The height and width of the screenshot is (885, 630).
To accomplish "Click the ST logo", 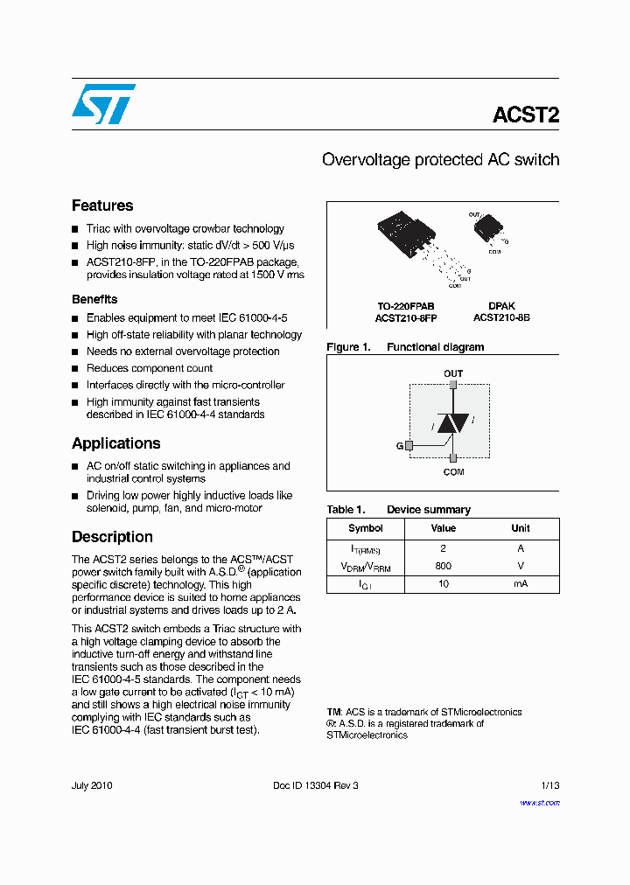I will [103, 104].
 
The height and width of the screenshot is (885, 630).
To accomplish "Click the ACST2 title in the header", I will [525, 115].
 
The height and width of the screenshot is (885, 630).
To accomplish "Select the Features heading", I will [102, 206].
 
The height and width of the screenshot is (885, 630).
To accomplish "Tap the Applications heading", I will [115, 443].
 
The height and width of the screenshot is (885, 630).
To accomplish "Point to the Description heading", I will [112, 537].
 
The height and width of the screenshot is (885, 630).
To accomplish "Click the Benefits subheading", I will [94, 299].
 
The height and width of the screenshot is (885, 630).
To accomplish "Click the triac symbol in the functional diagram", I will [452, 423].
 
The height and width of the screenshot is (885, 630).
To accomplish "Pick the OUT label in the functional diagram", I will [453, 373].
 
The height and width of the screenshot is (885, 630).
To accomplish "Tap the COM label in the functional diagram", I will [453, 472].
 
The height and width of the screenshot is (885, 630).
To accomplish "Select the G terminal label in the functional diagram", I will [399, 446].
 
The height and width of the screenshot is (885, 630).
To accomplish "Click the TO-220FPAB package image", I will [406, 239].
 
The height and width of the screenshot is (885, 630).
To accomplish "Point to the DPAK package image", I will [486, 230].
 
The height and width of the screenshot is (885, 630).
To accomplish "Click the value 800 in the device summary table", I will [444, 566].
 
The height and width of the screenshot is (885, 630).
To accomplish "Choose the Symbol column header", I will [366, 528].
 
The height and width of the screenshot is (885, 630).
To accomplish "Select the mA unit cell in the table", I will [521, 583].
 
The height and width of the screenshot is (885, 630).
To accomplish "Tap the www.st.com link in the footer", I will [539, 803].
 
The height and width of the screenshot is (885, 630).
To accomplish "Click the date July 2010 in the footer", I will [92, 785].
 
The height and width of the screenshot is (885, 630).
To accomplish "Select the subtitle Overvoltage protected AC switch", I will [440, 160].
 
